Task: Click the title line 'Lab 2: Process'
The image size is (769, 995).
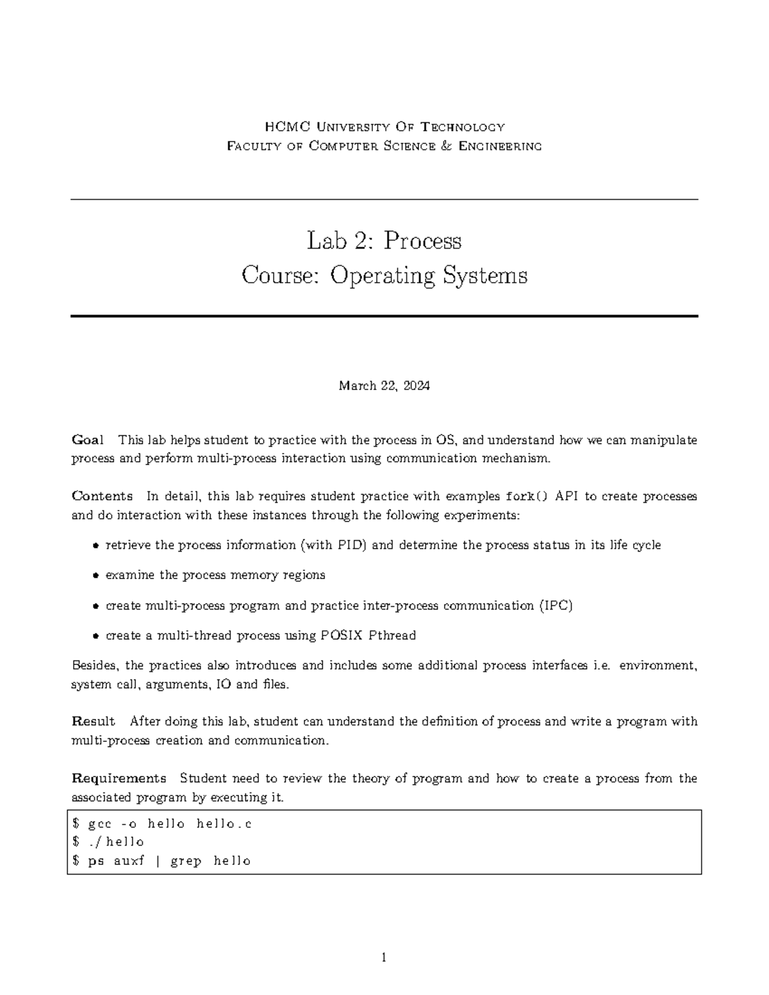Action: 384,241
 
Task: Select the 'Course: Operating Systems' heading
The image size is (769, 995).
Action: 384,275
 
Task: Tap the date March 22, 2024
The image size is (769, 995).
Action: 384,386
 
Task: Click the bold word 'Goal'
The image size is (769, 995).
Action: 87,440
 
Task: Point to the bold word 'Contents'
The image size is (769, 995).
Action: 102,496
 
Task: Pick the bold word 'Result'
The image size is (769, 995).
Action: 93,721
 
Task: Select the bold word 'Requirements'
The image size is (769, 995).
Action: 119,778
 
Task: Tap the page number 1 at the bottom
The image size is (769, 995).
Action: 384,958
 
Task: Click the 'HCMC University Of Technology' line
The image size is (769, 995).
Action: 384,127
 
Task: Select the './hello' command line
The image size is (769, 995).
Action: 109,842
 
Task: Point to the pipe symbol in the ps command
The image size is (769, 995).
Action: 158,861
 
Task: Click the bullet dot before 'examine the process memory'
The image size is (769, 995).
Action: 95,575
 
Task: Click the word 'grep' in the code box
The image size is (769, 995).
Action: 186,861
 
